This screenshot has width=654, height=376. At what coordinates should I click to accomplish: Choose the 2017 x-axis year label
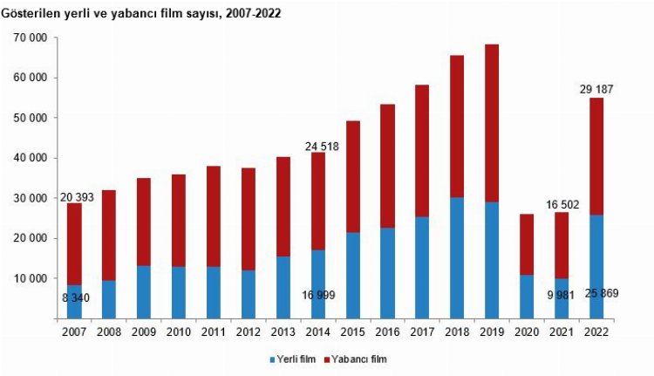(x=423, y=332)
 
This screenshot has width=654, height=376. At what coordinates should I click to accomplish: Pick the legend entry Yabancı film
(x=357, y=359)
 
